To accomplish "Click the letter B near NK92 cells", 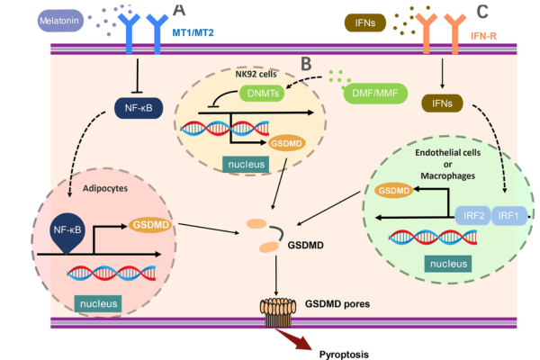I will [306, 63].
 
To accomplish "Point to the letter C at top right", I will [483, 11].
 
